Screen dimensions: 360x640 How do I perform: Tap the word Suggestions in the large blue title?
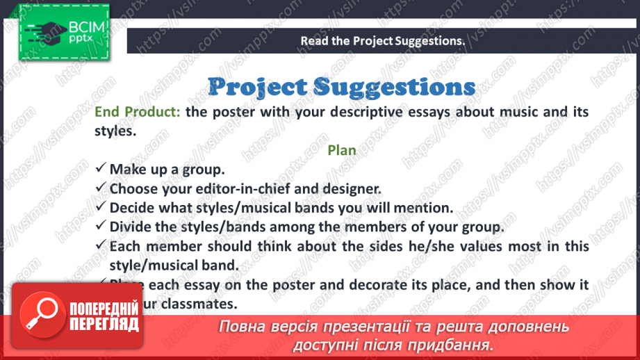point(394,87)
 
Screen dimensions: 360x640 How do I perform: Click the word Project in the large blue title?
point(257,87)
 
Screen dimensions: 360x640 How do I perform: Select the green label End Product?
point(137,113)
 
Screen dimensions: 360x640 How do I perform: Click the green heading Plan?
point(341,150)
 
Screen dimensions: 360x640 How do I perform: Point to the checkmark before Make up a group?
point(101,169)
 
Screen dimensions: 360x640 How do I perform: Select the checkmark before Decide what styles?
point(101,207)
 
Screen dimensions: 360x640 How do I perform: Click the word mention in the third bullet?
point(425,207)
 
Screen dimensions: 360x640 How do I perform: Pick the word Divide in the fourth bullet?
point(130,227)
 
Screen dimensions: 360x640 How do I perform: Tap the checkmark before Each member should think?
point(101,246)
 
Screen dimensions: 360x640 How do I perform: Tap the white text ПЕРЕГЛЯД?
point(104,324)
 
